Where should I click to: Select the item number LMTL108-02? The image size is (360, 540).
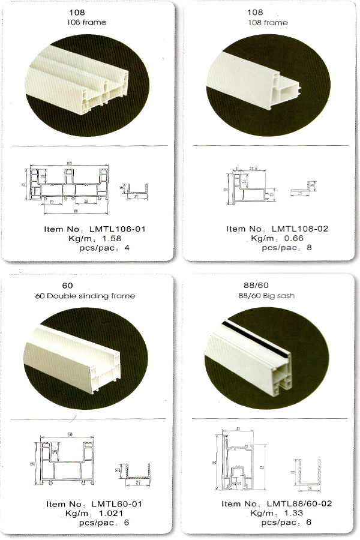click(299, 229)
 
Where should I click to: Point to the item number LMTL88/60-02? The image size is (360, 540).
click(302, 503)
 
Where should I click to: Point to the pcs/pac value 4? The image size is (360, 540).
click(127, 247)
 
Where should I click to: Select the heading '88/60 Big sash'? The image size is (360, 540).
click(267, 296)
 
